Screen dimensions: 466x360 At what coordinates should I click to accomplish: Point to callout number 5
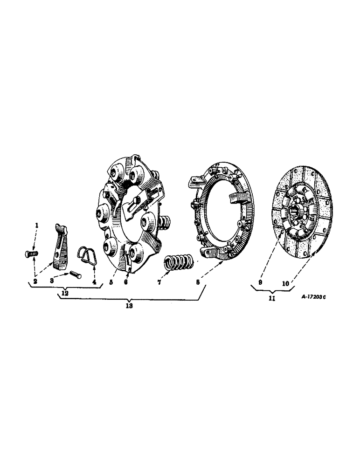point(111,282)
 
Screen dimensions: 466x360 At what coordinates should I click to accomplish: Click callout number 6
point(125,282)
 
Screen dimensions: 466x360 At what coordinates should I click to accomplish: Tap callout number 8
point(198,282)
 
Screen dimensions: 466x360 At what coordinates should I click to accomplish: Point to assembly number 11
point(272,299)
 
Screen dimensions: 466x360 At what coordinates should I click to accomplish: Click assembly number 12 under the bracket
point(63,294)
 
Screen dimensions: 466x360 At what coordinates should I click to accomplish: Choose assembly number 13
point(129,306)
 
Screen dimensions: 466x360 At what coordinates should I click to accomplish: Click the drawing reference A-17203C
point(310,297)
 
